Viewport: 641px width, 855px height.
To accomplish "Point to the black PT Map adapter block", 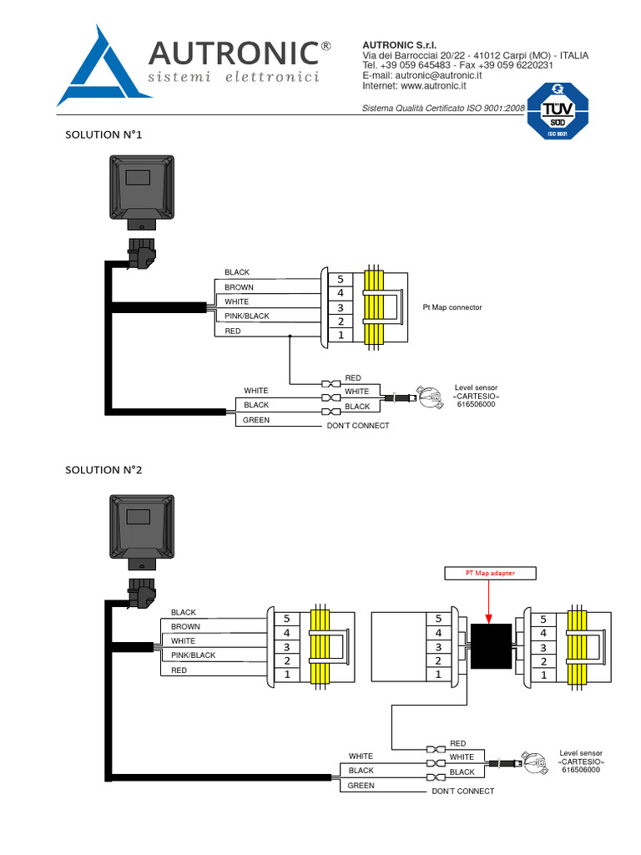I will (491, 646).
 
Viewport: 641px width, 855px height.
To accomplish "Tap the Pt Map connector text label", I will (452, 307).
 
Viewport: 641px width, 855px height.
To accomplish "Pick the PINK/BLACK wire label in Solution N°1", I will (247, 316).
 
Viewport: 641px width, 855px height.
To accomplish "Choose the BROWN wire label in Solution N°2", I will (185, 626).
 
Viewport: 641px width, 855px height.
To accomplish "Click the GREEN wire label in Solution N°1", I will (256, 420).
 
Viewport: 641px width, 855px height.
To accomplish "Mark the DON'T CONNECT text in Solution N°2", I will (462, 791).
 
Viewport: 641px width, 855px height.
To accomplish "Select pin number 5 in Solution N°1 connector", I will (341, 279).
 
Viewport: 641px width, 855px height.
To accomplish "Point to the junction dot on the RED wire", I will (290, 336).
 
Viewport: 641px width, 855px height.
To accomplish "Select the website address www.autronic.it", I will (433, 86).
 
